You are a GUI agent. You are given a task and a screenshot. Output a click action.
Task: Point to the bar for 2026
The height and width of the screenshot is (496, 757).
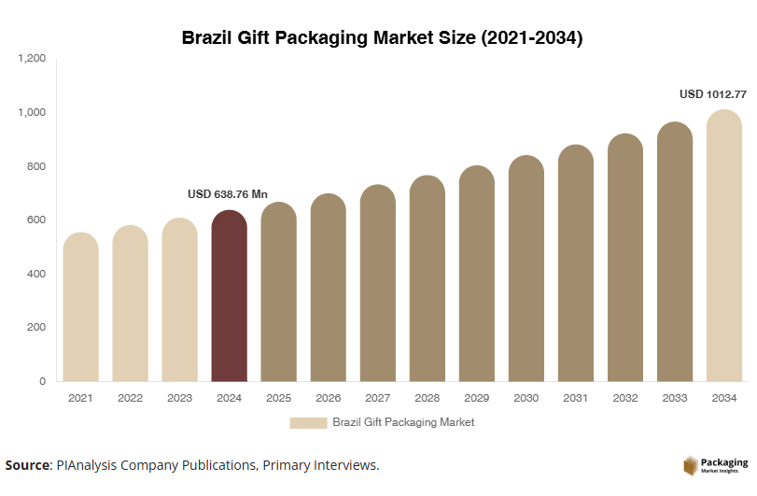coord(329,289)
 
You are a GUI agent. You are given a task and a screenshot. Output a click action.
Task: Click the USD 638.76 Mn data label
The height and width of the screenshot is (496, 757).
coord(228,194)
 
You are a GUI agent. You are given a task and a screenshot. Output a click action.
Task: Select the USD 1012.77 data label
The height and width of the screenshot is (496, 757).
coord(713,94)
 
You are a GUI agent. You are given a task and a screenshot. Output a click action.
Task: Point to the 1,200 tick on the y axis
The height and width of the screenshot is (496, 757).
coord(32,59)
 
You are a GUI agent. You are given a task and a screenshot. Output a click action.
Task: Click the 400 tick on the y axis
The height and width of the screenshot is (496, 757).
coord(35,274)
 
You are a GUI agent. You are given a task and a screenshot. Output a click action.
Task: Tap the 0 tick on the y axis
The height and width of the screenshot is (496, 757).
coord(42,381)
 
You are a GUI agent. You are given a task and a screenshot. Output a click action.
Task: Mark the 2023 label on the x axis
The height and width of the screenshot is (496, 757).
coord(179,399)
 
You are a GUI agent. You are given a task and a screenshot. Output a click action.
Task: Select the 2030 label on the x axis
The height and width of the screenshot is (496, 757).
coord(526,399)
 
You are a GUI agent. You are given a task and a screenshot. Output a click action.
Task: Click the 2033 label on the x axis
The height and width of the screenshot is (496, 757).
coord(675,399)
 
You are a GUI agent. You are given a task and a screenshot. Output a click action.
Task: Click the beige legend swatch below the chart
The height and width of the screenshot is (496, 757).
coord(307,423)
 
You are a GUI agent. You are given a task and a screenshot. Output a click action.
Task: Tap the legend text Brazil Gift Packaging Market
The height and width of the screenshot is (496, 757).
coord(403,423)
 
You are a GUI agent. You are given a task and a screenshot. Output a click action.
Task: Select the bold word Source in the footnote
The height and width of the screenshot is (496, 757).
coord(26,465)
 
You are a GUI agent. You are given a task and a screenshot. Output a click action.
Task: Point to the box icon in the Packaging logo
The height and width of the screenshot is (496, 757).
coord(692,465)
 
